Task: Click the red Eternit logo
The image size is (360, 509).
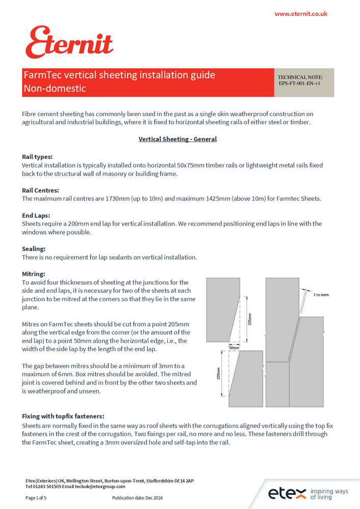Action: coord(69,43)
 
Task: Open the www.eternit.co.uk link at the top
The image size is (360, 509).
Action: coord(300,14)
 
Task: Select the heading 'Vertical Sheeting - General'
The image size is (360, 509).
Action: coord(177,139)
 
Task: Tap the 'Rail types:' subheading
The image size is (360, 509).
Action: coord(37,157)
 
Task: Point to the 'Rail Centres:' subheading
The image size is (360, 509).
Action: coord(40,190)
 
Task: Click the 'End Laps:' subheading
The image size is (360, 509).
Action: coord(36,215)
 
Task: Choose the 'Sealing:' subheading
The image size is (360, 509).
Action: coord(34,249)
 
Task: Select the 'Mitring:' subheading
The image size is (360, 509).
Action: coord(34,274)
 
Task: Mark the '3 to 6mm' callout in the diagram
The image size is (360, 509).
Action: coord(321,295)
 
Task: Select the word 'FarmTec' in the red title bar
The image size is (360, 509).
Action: coord(40,75)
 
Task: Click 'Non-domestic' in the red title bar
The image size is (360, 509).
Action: coord(54,89)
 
